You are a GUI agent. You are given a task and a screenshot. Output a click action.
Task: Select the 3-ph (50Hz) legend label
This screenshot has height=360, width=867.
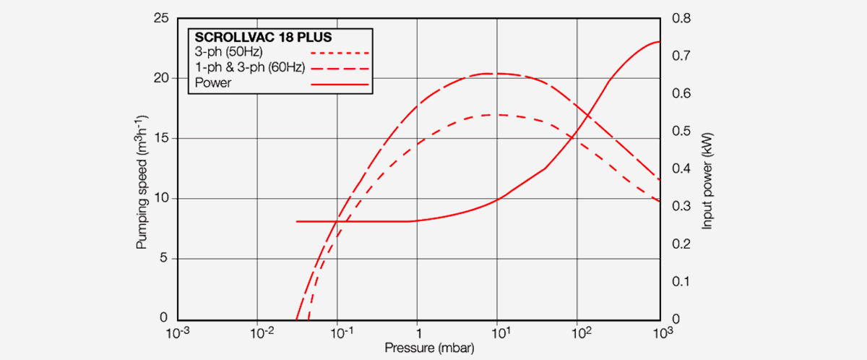[228, 53]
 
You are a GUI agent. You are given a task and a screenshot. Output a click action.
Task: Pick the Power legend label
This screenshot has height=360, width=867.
[212, 83]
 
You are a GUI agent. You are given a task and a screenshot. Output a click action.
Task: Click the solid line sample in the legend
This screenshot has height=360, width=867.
[340, 84]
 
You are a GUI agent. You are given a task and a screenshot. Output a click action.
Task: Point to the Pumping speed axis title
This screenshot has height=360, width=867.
[143, 182]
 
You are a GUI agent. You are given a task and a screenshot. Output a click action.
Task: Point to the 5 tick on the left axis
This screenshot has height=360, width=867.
[165, 258]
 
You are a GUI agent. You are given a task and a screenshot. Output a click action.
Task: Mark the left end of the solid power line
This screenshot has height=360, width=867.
[297, 221]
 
